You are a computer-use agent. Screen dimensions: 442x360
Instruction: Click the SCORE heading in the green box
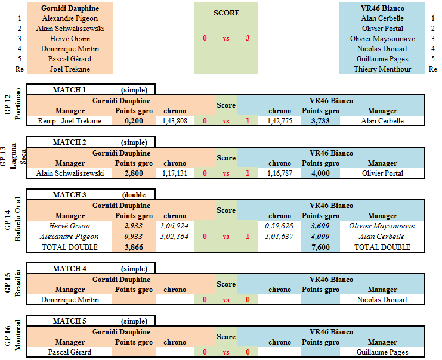(226, 13)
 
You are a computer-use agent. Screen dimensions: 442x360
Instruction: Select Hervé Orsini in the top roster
(70, 39)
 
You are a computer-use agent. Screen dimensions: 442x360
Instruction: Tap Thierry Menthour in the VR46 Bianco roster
(382, 69)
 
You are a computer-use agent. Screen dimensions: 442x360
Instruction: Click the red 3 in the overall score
(247, 38)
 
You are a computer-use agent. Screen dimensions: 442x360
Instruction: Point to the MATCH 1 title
(69, 90)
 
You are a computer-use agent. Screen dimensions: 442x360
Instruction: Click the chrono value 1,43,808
(175, 121)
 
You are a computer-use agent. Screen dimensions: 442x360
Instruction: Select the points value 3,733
(320, 121)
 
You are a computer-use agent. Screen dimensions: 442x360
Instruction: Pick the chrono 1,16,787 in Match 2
(280, 173)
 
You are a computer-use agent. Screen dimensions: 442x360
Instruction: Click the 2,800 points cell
(134, 173)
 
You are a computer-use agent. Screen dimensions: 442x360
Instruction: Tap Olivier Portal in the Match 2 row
(382, 173)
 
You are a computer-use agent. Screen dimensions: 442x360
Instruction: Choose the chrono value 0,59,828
(279, 226)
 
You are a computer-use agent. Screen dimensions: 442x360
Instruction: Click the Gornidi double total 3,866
(134, 247)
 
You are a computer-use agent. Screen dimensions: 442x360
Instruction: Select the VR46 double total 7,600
(320, 247)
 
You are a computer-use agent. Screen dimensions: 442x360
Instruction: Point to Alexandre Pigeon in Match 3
(69, 237)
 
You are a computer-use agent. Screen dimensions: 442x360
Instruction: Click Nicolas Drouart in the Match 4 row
(382, 300)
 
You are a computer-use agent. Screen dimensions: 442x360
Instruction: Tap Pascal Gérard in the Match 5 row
(70, 352)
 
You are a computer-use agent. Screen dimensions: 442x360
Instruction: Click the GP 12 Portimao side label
(13, 104)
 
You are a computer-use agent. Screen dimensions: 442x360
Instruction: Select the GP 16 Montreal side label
(13, 335)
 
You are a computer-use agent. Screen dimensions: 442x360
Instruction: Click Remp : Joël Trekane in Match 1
(70, 121)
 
